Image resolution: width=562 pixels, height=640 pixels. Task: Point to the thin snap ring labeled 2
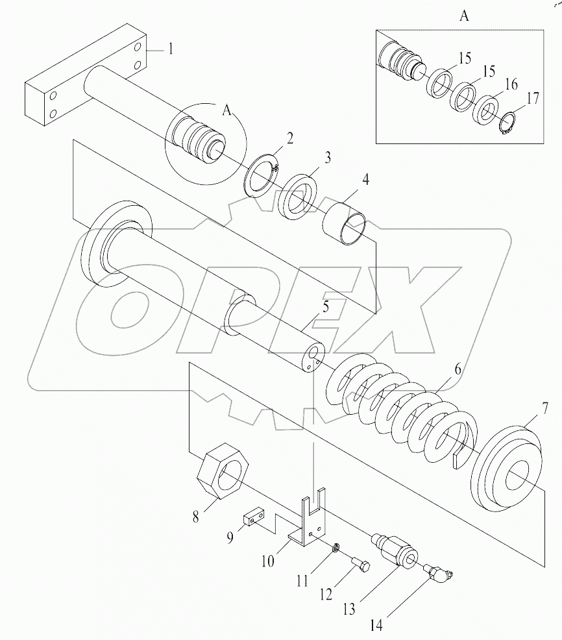[263, 177]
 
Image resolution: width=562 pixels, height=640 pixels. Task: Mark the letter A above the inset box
[464, 17]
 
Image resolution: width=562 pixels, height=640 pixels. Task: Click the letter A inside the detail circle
[226, 111]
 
